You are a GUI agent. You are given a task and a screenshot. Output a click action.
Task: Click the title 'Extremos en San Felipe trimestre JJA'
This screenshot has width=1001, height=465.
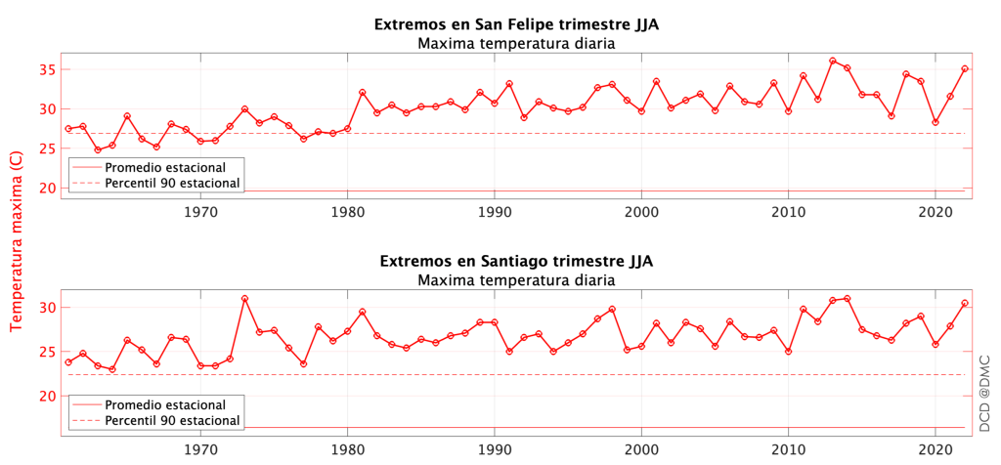point(516,24)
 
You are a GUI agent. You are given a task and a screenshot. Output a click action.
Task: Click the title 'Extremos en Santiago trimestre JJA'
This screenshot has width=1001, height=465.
point(516,262)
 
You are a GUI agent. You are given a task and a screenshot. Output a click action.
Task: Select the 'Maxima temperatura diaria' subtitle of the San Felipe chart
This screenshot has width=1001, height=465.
point(516,43)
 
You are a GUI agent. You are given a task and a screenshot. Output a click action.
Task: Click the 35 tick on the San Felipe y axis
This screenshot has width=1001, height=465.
point(46,69)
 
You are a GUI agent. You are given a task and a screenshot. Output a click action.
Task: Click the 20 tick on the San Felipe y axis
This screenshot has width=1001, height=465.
point(46,188)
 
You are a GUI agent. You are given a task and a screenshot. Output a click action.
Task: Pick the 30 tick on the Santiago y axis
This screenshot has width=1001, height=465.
point(46,308)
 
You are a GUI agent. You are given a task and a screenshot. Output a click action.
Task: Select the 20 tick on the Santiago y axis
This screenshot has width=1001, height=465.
point(46,396)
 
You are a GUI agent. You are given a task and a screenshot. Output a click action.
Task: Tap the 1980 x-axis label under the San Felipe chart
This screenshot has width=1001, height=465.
point(347,211)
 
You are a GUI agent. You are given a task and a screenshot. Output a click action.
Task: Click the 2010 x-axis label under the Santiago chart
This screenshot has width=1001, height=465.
point(788,448)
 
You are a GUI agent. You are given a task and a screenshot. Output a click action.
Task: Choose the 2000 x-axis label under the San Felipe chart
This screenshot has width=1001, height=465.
point(641,211)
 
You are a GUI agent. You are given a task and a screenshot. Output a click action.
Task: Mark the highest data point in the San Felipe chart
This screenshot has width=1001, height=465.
point(833,61)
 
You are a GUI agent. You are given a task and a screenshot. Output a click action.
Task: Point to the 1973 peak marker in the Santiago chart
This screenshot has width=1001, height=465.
point(244,299)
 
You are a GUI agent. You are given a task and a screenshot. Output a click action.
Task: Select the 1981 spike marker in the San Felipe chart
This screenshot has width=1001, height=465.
point(362,92)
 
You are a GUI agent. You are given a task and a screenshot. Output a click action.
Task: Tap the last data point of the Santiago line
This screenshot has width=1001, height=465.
point(965,303)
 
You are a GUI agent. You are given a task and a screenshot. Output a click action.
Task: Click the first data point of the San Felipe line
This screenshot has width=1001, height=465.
point(67,129)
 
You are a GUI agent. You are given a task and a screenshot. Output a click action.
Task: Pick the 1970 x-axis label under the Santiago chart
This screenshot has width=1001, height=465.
point(200,448)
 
